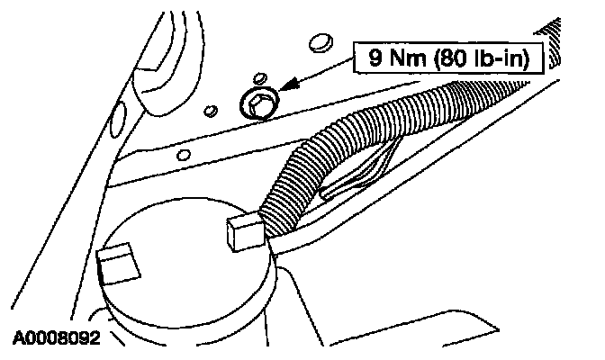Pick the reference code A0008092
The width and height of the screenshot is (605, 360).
55,339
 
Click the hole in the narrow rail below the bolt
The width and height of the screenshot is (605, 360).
183,156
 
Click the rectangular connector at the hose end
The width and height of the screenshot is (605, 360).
244,231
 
